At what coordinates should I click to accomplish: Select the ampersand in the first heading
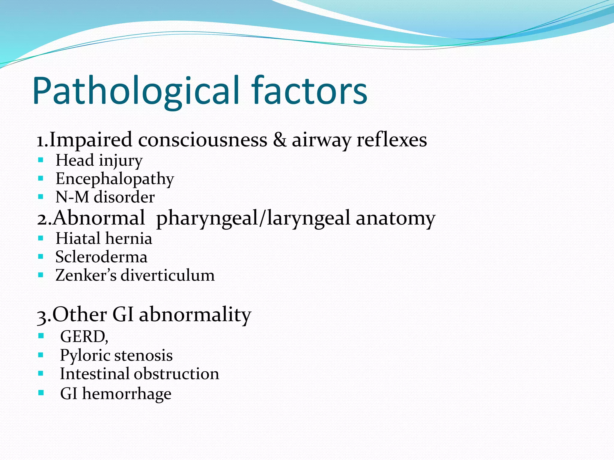tap(279, 140)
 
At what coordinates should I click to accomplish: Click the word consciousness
tap(202, 140)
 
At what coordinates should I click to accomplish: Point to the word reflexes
tap(392, 140)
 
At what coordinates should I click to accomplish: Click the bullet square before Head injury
tap(41, 160)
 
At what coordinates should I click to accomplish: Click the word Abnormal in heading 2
tap(99, 218)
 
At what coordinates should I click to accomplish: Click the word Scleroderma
tap(101, 257)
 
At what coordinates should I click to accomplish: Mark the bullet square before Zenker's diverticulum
tap(41, 275)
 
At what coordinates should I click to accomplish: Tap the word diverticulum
tap(168, 275)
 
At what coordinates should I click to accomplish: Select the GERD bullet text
tap(84, 337)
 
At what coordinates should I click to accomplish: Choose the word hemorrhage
tap(127, 394)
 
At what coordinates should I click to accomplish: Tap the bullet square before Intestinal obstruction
tap(41, 373)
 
